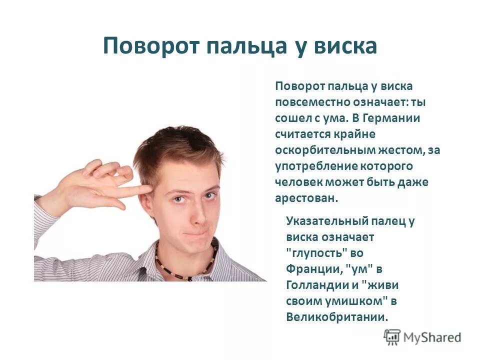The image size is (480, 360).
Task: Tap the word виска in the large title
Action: point(345,46)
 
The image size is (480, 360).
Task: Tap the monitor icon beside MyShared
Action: point(392,337)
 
